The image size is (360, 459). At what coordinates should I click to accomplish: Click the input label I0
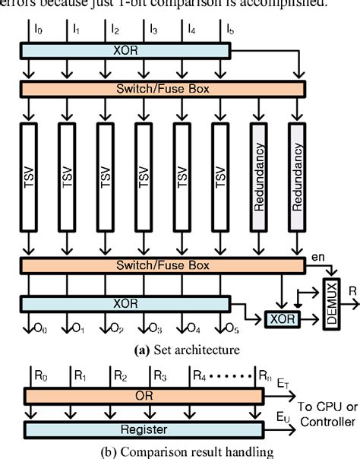pos(39,30)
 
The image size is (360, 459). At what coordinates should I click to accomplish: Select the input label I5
pos(229,30)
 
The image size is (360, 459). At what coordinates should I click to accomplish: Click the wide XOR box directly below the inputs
pos(126,49)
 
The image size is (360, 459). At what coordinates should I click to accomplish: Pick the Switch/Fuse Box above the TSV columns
pos(164,88)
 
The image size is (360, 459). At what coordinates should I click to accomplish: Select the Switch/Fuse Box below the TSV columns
pos(164,264)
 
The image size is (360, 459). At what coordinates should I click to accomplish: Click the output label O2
pos(114,331)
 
